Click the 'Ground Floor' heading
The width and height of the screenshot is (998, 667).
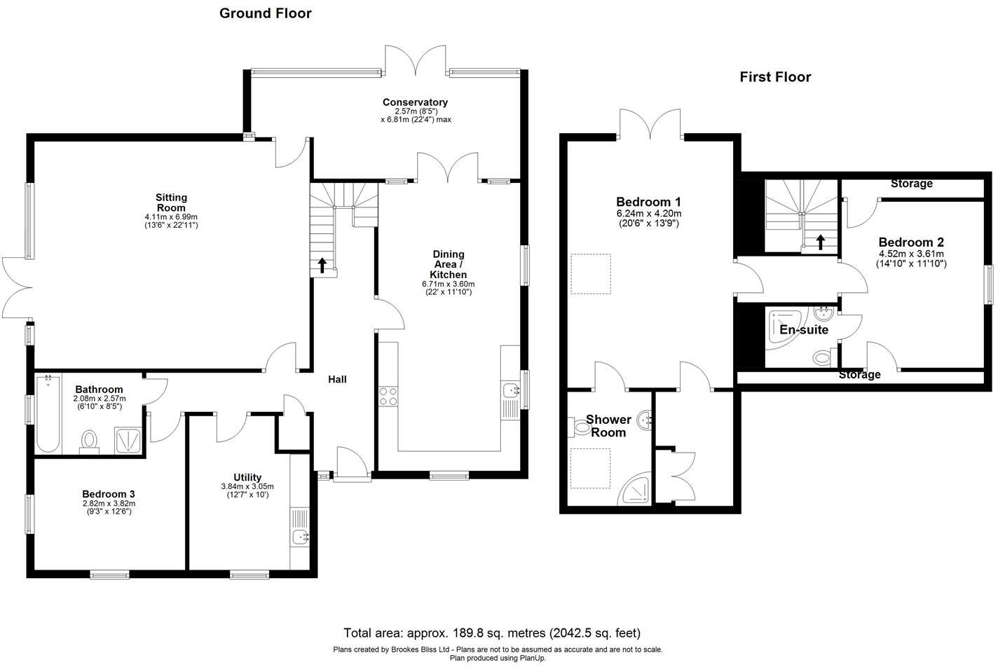tap(265, 13)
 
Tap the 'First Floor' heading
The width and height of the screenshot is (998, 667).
tap(775, 77)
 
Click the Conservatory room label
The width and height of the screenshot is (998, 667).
tap(415, 102)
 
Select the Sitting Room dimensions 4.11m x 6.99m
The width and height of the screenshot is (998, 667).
tap(171, 216)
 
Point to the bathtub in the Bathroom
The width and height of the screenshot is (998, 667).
tap(48, 413)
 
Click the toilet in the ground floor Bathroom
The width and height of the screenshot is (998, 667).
tap(89, 441)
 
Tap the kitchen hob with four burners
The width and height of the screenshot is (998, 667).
tap(388, 397)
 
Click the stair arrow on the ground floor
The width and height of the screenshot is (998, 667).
tap(322, 266)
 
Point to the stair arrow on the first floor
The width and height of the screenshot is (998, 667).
tap(820, 242)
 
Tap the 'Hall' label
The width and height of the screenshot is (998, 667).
tap(337, 379)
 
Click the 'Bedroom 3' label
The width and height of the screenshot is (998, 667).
tap(108, 494)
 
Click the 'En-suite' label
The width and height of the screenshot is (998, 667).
tap(804, 329)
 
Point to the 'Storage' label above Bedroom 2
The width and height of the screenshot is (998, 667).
tap(912, 184)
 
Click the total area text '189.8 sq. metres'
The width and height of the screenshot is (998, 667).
tap(500, 633)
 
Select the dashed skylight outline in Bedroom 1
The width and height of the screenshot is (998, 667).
tap(591, 274)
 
